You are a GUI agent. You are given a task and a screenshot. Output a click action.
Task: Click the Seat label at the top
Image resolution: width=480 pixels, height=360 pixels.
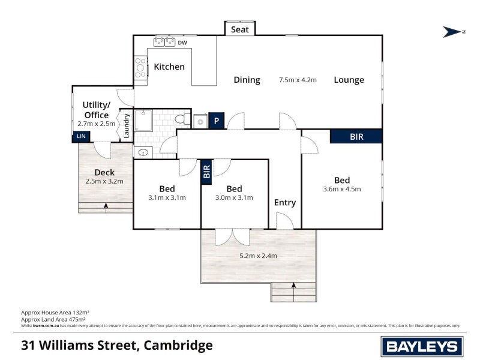click(240, 29)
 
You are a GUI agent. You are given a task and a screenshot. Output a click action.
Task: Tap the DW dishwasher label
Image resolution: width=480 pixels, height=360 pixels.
click(182, 43)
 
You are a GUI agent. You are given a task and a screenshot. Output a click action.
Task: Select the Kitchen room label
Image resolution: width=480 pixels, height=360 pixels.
click(169, 67)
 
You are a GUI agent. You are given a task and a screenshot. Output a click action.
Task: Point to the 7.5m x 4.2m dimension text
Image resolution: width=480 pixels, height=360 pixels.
click(298, 80)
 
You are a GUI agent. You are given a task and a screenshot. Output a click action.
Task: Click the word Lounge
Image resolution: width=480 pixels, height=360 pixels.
click(349, 80)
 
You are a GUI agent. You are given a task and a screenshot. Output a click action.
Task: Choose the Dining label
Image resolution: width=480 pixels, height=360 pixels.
click(247, 80)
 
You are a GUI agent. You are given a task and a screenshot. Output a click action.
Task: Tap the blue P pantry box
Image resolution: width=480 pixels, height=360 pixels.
click(216, 121)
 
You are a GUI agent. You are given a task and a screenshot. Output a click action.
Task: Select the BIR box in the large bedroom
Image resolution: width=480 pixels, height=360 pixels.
click(356, 136)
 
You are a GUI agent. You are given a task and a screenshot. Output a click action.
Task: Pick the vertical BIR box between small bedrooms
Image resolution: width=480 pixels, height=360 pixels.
click(206, 172)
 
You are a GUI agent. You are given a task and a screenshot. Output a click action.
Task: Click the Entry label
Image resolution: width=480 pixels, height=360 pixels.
click(285, 202)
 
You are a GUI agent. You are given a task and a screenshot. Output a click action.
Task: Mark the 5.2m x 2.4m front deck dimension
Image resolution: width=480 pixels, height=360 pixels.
click(258, 256)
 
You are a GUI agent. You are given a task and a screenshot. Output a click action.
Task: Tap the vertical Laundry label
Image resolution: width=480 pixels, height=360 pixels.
click(127, 126)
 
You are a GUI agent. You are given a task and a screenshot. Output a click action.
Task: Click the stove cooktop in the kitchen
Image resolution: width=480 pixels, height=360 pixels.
click(140, 67)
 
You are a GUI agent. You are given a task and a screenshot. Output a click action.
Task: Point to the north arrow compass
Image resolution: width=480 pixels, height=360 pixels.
click(454, 32)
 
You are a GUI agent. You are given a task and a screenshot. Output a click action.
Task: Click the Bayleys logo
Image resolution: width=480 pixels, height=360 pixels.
click(422, 346)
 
